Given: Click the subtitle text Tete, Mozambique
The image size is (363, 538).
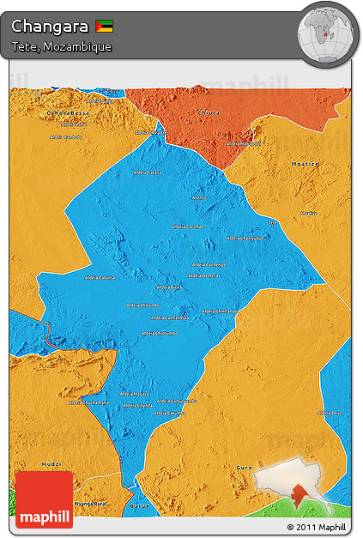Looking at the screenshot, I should point(61,46).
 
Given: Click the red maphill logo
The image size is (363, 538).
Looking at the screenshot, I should point(44,499).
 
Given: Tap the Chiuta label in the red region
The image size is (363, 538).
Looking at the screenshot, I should point(209,112).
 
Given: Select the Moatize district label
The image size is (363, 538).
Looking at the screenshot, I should point(306,162).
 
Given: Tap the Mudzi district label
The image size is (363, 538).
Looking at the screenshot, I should point(51,464).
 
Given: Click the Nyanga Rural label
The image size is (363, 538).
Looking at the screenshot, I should point(88,504).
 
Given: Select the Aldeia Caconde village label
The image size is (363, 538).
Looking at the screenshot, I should point(188,227).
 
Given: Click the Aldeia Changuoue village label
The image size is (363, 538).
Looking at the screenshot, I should point(245,238).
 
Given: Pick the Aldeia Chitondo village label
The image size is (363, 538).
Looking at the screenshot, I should point(142,305).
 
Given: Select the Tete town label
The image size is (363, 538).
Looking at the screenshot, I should point(273,221).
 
